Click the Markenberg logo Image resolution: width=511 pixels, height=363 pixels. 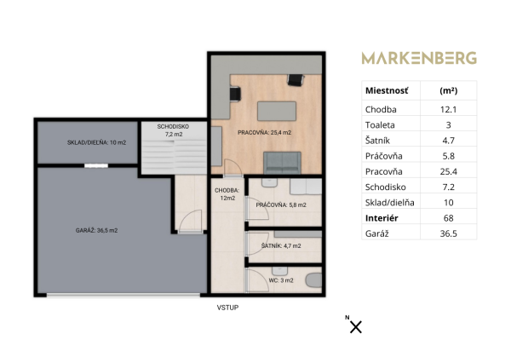click(419, 58)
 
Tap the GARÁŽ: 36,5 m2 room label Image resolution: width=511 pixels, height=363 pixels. click(96, 231)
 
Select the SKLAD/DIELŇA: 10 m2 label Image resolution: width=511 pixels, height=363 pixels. click(96, 142)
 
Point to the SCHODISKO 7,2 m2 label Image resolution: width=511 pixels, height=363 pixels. click(173, 130)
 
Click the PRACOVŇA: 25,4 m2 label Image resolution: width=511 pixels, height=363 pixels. click(264, 133)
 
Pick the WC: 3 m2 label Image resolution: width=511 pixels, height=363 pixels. click(281, 280)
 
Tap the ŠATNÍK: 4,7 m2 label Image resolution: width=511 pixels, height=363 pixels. click(281, 246)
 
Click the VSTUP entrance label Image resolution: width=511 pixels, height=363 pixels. click(227, 308)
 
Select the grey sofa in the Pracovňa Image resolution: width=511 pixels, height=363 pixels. click(282, 163)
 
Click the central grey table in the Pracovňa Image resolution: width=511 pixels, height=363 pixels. click(277, 112)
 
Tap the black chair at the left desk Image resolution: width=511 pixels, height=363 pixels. click(235, 94)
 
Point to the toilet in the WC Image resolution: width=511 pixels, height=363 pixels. click(313, 280)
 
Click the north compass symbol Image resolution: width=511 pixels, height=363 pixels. click(355, 326)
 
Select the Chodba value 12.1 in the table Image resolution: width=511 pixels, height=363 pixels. click(449, 110)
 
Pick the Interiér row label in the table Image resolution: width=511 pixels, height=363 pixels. click(382, 218)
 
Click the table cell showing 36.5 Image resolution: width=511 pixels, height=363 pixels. click(449, 233)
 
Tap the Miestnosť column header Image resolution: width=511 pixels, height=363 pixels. click(387, 90)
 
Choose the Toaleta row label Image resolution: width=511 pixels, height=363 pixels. click(380, 125)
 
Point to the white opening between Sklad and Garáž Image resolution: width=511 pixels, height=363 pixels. click(96, 165)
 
